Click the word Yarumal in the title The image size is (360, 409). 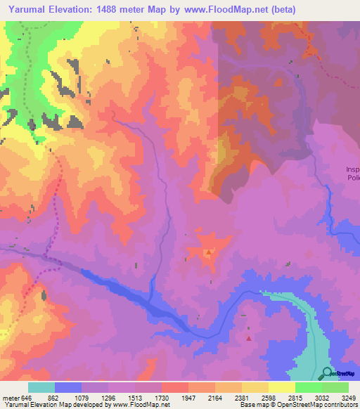(30, 10)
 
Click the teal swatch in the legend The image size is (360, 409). (41, 387)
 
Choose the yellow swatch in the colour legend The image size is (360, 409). (281, 387)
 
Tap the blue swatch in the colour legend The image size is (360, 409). (68, 387)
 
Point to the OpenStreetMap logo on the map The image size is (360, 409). (327, 373)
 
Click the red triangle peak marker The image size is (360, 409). (248, 338)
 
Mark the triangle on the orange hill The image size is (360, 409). (209, 252)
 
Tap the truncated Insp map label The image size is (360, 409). (352, 169)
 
